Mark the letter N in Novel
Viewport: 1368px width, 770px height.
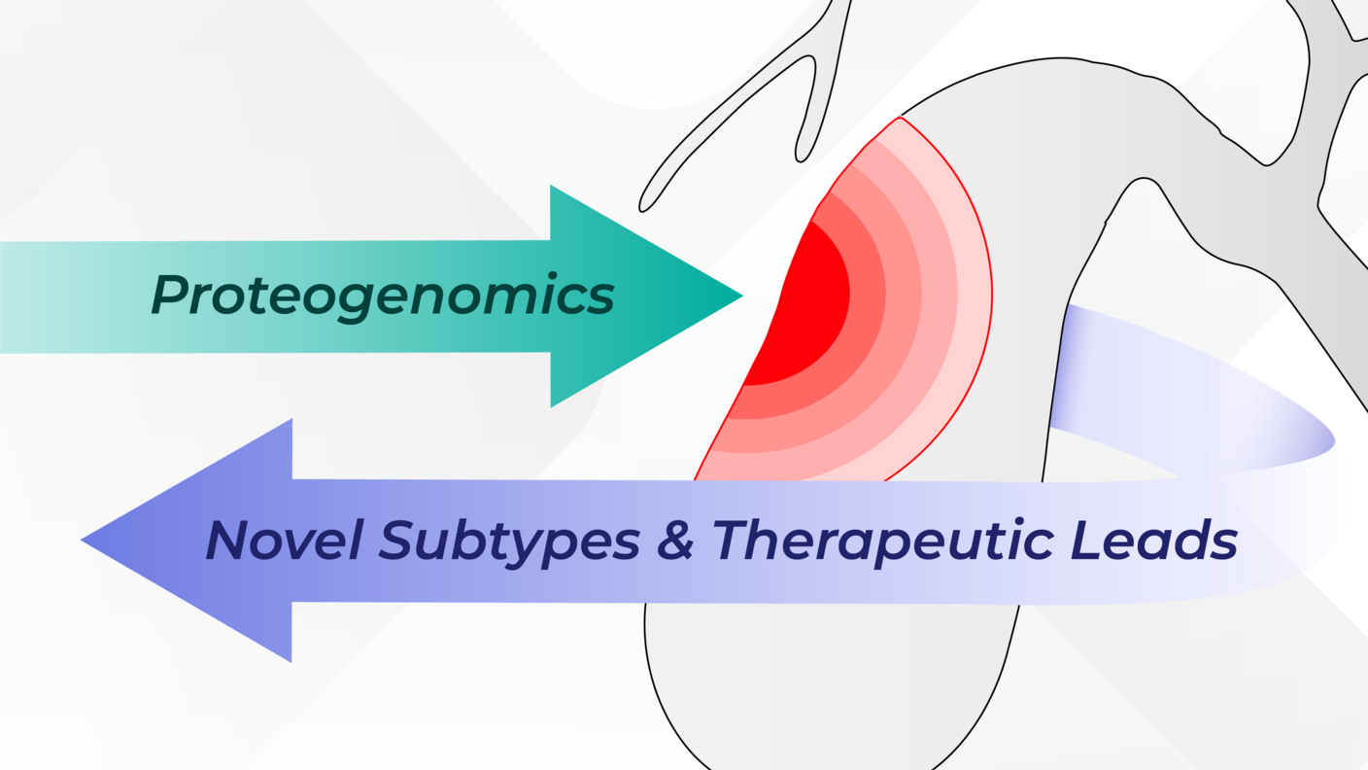[226, 540]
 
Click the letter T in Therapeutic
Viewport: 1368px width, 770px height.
[734, 540]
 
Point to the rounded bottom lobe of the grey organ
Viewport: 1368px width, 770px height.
[826, 681]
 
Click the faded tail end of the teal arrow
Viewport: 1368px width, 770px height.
[29, 297]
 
